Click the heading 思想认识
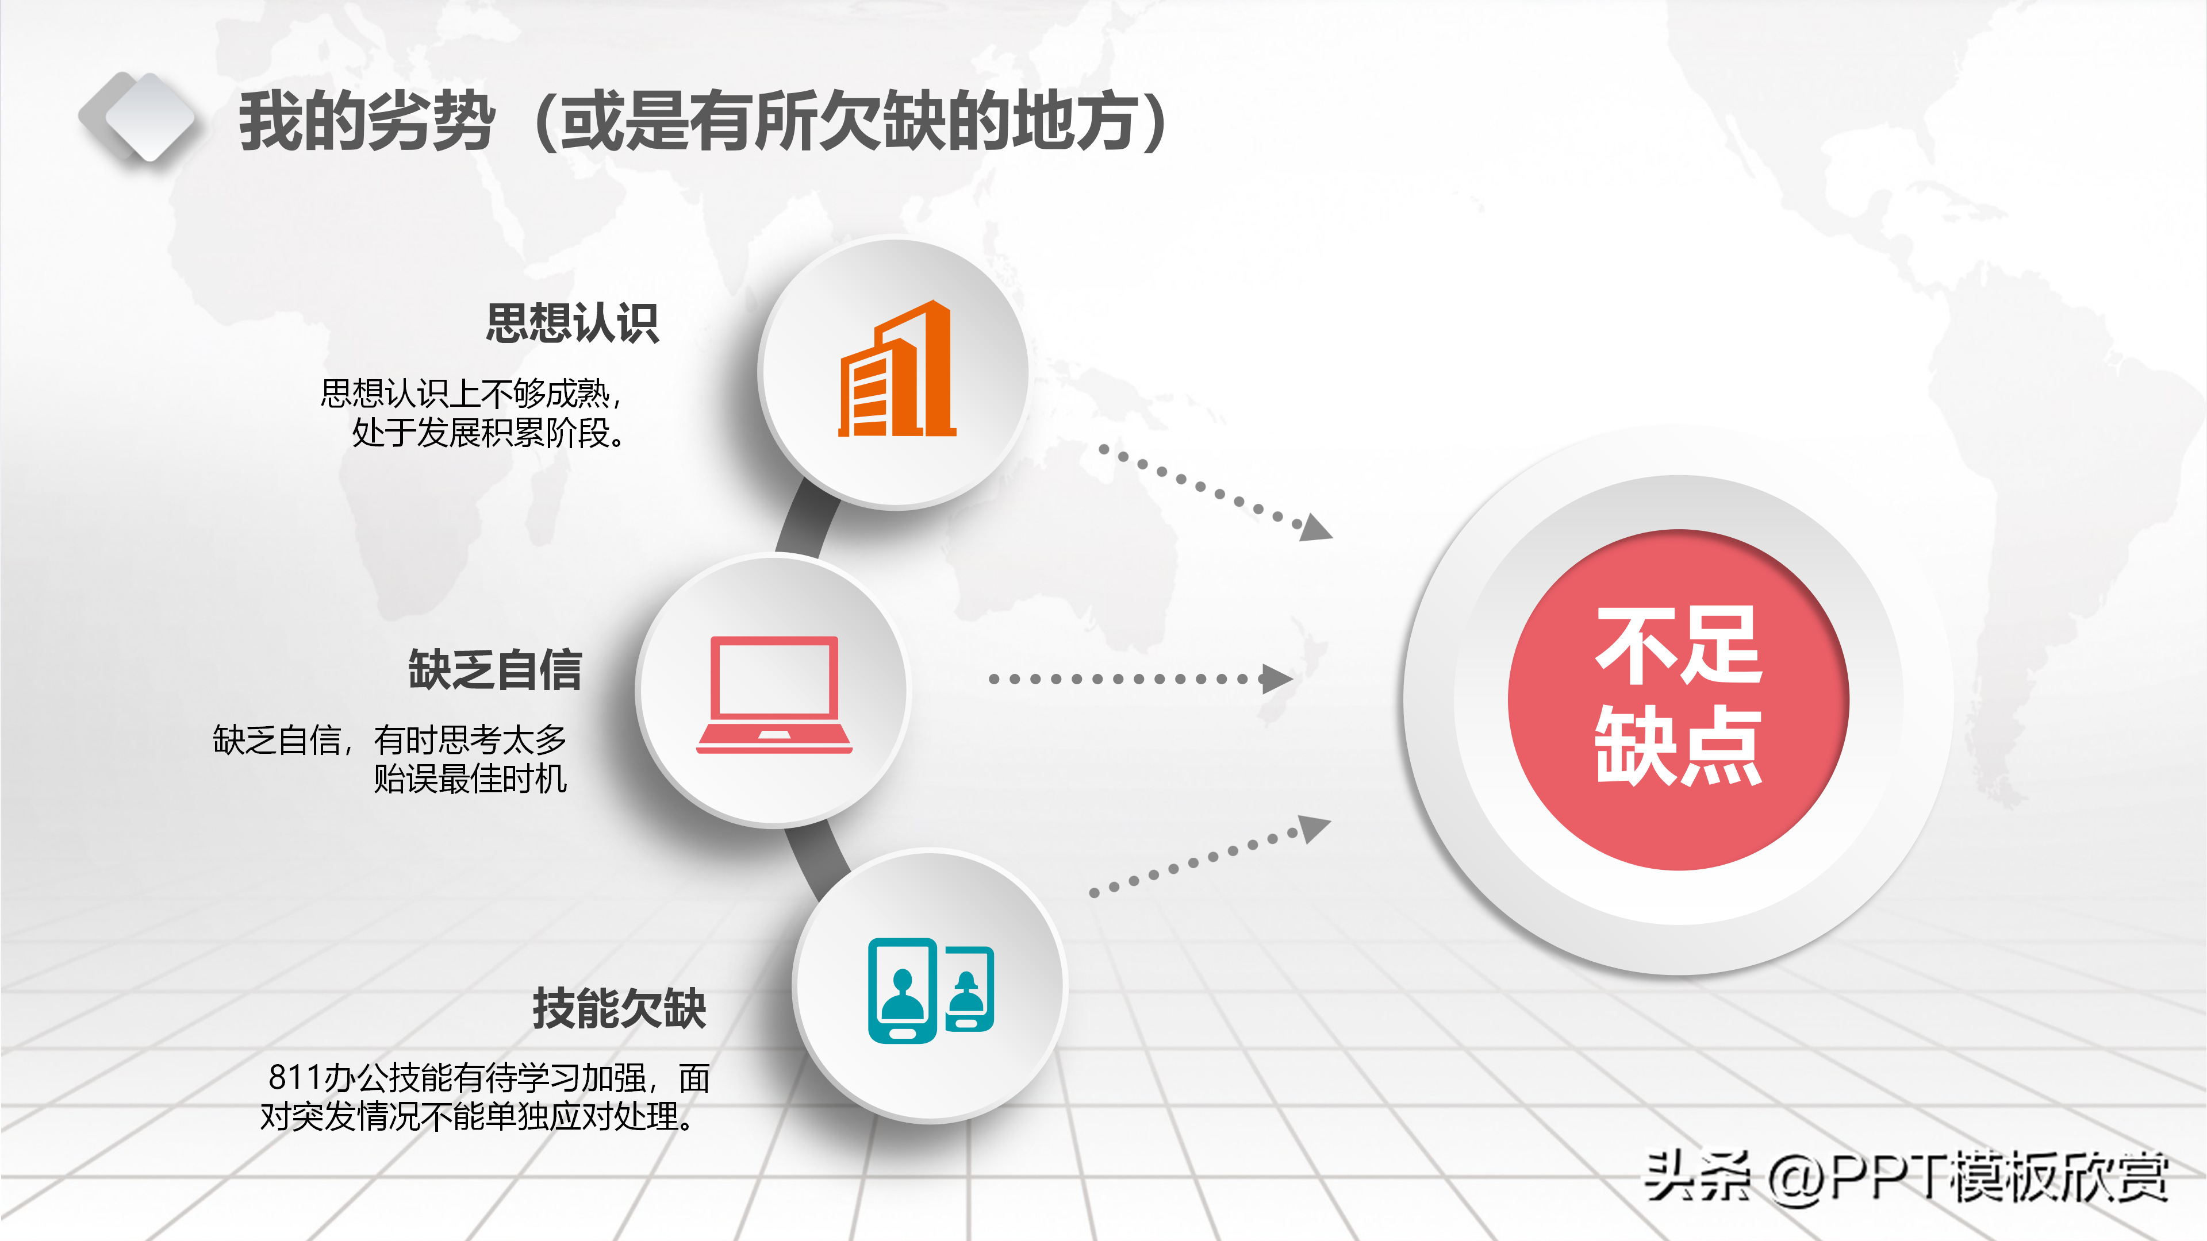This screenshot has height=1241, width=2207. click(573, 323)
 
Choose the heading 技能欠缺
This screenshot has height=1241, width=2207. click(619, 1008)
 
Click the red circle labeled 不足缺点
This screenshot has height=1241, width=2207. click(1678, 700)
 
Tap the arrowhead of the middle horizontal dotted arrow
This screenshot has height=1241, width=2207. click(1277, 679)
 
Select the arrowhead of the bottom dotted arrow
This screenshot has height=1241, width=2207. click(1314, 829)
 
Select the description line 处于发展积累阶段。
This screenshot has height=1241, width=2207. click(488, 433)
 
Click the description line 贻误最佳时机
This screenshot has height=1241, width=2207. click(470, 778)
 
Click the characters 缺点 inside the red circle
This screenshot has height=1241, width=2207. click(1678, 746)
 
